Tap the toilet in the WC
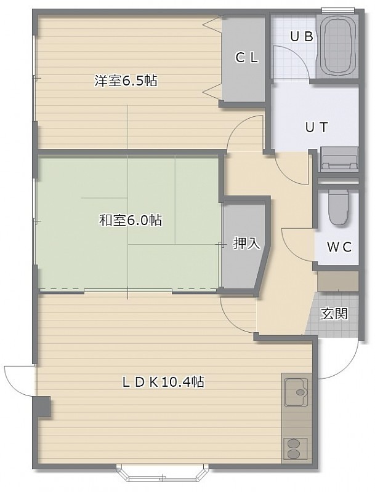tap(338, 207)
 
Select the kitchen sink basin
tap(296, 392)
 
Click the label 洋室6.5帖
tap(126, 81)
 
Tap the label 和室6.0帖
tap(131, 220)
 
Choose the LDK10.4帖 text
tap(163, 382)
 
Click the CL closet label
tap(247, 57)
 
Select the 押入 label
tap(246, 243)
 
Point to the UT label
tap(317, 127)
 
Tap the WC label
tap(339, 247)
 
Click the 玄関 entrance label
tap(334, 313)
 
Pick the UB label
tap(302, 37)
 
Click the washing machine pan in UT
tap(339, 159)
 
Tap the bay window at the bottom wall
tap(163, 473)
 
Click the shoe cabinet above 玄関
tap(338, 281)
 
